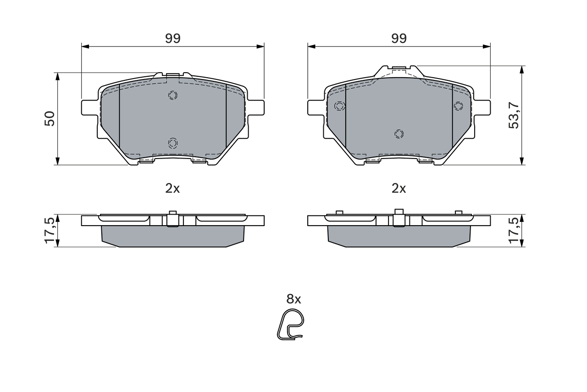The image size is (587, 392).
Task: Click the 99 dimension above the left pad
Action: [x=173, y=39]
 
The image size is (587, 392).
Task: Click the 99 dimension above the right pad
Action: [x=399, y=39]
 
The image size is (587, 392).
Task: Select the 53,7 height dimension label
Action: [x=514, y=115]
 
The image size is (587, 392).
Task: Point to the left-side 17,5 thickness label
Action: [x=50, y=231]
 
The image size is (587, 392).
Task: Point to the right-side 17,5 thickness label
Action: [x=514, y=231]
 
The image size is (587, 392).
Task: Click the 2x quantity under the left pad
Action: [x=172, y=188]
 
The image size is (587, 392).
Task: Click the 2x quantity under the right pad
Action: [x=399, y=188]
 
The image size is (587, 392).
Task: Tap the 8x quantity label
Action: [x=293, y=299]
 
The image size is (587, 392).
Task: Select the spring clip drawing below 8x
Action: [x=291, y=325]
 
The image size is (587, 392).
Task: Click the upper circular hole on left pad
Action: [x=172, y=95]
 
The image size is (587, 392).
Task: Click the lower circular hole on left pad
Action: [x=172, y=143]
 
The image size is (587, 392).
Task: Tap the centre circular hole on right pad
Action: [x=399, y=134]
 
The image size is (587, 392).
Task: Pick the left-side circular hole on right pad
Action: [x=339, y=106]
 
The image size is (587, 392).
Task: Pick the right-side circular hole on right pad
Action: [x=458, y=106]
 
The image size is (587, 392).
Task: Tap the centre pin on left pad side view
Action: [x=172, y=218]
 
